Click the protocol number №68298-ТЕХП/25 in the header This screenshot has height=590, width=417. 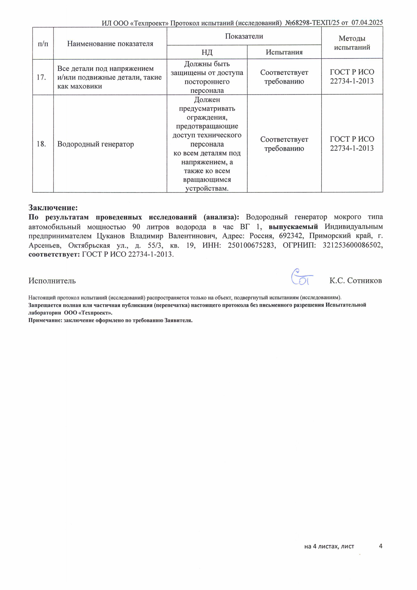pyautogui.click(x=312, y=23)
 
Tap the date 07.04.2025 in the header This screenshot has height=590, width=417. pyautogui.click(x=367, y=23)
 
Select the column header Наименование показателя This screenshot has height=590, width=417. pyautogui.click(x=110, y=44)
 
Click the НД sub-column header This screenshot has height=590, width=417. pyautogui.click(x=207, y=52)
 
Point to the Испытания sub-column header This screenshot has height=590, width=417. pyautogui.click(x=284, y=52)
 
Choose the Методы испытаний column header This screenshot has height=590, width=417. pyautogui.click(x=352, y=43)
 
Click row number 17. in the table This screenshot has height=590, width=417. pyautogui.click(x=42, y=77)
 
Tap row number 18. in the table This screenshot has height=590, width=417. pyautogui.click(x=42, y=144)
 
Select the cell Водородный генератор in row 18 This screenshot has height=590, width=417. pyautogui.click(x=96, y=145)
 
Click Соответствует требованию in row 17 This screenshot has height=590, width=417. pyautogui.click(x=284, y=77)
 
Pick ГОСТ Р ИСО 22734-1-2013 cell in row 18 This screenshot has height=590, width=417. pyautogui.click(x=352, y=143)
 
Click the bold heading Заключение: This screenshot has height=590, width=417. pyautogui.click(x=53, y=208)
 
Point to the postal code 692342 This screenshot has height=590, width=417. pyautogui.click(x=289, y=236)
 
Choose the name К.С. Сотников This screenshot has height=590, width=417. pyautogui.click(x=356, y=281)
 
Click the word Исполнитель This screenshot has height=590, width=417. pyautogui.click(x=52, y=281)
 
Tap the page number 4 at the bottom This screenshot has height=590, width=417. pyautogui.click(x=381, y=546)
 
